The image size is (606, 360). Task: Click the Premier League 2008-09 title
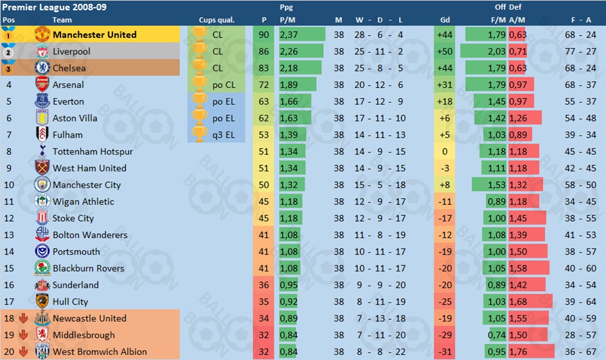[45, 8]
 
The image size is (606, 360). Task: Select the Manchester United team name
[94, 35]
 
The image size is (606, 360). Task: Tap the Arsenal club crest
[42, 85]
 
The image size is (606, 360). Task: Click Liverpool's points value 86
[263, 51]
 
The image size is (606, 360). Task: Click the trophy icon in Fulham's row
[200, 135]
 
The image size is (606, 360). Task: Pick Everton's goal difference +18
[444, 102]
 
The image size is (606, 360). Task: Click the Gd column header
[444, 20]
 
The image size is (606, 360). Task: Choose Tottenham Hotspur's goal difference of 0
[444, 152]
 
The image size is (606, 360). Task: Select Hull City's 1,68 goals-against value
[517, 301]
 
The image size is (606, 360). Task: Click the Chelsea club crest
[42, 68]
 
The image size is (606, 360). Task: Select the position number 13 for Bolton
[9, 235]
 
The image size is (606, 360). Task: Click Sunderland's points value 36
[263, 285]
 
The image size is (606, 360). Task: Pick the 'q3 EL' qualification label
[223, 135]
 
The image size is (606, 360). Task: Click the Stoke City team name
[73, 219]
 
